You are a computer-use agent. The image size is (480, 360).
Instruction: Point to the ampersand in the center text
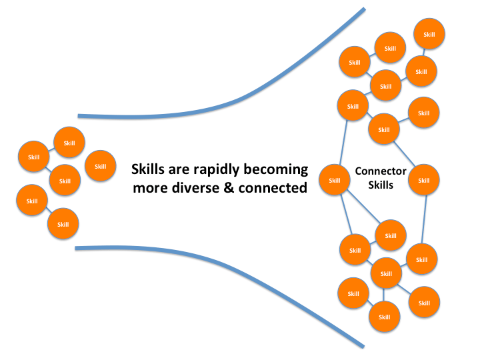click(229, 188)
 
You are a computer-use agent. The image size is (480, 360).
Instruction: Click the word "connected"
click(273, 188)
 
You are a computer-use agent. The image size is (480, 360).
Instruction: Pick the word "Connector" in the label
click(381, 171)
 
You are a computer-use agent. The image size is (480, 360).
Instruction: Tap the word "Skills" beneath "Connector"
click(381, 185)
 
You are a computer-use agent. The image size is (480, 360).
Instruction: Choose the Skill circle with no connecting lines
click(101, 166)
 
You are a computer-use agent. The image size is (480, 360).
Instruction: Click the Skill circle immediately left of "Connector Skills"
click(334, 180)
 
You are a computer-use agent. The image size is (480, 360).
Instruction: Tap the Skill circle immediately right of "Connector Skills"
click(424, 180)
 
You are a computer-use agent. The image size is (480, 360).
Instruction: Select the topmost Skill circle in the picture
click(429, 34)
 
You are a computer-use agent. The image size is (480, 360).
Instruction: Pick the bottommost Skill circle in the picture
click(385, 317)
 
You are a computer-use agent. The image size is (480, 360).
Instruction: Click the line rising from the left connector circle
click(343, 143)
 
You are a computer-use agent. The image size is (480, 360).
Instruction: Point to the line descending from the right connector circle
click(424, 219)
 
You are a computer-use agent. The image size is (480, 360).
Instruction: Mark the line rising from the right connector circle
click(404, 154)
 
